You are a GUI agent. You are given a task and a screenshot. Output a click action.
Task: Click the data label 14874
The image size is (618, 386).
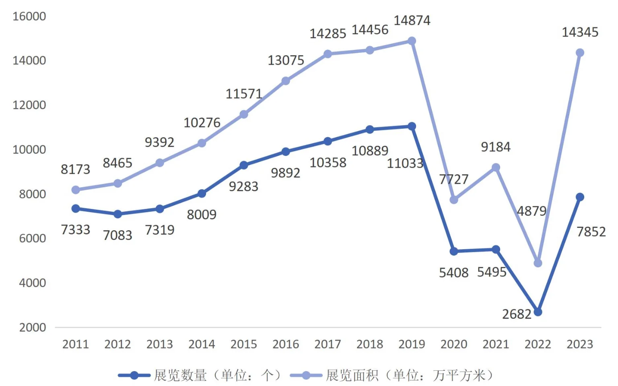coord(412,20)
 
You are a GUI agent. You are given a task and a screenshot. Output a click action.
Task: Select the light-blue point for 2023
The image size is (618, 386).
coord(580,53)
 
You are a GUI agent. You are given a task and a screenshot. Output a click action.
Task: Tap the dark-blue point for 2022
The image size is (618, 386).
coord(538,312)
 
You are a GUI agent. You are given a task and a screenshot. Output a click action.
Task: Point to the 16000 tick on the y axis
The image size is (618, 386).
coord(29,16)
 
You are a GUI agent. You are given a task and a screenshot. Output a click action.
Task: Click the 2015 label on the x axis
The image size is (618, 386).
coord(243,344)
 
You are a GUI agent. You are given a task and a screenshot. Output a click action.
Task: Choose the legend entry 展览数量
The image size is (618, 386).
coord(180,375)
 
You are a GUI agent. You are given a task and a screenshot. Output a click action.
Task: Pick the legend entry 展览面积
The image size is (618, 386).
coord(352,375)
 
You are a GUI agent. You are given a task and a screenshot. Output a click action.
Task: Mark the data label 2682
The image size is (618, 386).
coord(517,314)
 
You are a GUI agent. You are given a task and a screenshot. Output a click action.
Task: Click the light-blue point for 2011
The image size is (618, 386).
coord(76,190)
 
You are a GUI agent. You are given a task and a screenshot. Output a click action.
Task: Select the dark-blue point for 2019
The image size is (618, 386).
coord(412,126)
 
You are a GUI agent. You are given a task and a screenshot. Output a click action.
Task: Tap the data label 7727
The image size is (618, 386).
coord(453,179)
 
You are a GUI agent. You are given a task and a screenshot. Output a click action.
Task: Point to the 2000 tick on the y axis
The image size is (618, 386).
coord(32,327)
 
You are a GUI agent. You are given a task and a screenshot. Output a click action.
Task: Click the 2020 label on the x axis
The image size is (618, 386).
coord(453,344)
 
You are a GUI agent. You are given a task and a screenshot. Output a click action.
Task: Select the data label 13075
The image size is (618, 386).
coord(286,60)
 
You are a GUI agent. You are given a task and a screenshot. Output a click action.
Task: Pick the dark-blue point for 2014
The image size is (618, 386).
coord(202,194)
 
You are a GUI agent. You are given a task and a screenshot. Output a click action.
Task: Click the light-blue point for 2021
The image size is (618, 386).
coord(496,167)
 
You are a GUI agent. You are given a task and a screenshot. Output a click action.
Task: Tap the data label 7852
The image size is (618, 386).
coord(591,231)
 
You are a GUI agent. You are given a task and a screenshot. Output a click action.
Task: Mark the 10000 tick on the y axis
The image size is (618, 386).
coord(29,149)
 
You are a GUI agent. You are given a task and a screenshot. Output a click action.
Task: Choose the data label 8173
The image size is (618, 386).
coord(75,169)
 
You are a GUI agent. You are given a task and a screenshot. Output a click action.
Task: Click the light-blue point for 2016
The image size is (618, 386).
coord(286,81)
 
